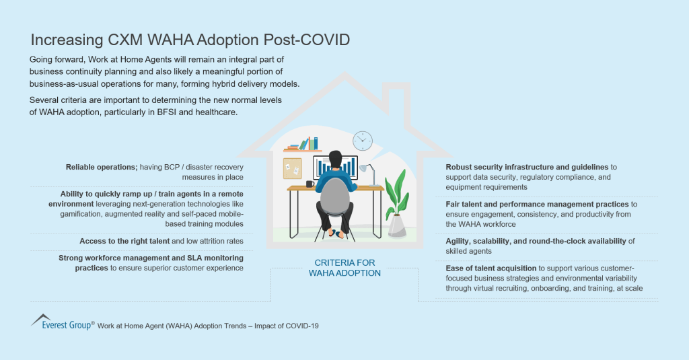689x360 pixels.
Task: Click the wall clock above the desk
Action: pyautogui.click(x=363, y=141)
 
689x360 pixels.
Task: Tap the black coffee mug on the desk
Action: pyautogui.click(x=310, y=184)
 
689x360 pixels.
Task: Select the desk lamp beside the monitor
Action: pyautogui.click(x=369, y=172)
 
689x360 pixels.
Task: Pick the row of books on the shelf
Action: pyautogui.click(x=304, y=144)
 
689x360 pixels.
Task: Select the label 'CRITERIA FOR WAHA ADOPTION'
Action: pyautogui.click(x=344, y=268)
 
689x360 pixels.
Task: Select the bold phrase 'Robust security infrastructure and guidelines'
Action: pyautogui.click(x=527, y=167)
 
